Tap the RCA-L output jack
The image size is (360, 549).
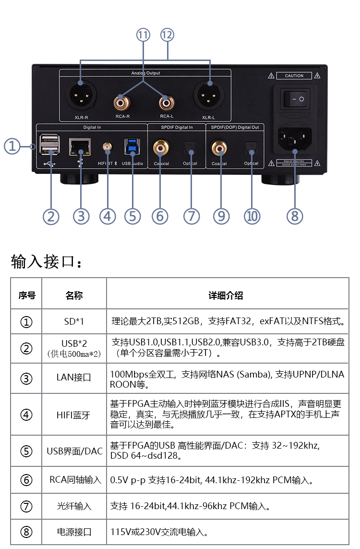pos(167,102)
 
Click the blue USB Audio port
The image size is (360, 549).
pos(131,146)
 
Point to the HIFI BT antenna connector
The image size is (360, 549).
pos(107,146)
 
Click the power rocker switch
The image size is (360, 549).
pos(294,99)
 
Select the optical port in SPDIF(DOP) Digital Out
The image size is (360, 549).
pos(251,147)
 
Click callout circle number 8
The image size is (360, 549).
pos(294,216)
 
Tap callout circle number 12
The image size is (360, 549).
pos(167,35)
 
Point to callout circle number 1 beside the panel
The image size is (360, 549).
pos(12,146)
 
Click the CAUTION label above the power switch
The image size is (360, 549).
pos(294,76)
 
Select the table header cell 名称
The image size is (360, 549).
pos(74,295)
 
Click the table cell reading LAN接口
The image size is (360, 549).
pos(74,378)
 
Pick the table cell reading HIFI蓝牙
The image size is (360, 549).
pos(74,415)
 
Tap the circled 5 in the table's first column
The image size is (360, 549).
pos(26,451)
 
